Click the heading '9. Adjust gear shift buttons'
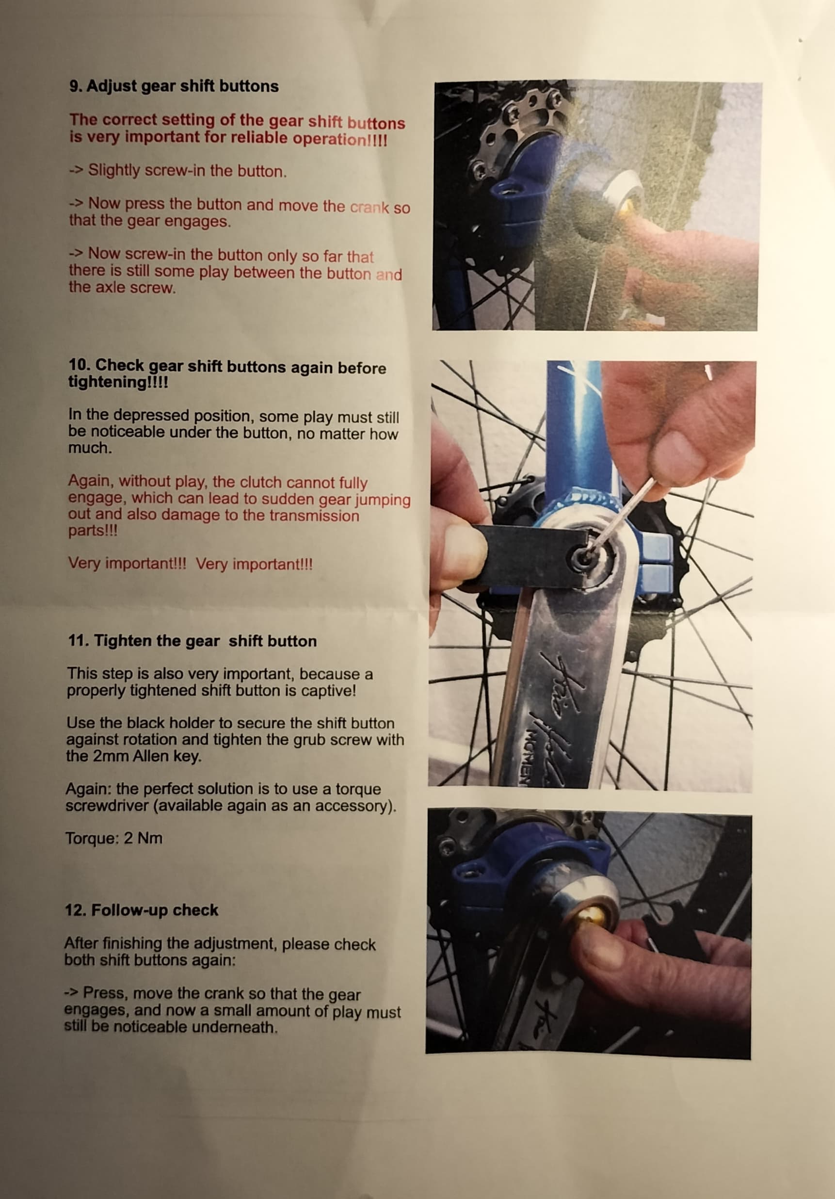point(174,86)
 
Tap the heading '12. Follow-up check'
point(141,910)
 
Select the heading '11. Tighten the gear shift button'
point(192,641)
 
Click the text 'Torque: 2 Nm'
point(114,838)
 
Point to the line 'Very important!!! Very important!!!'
point(191,564)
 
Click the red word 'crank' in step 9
point(369,207)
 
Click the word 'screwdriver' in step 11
point(107,806)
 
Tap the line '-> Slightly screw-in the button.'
point(178,171)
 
